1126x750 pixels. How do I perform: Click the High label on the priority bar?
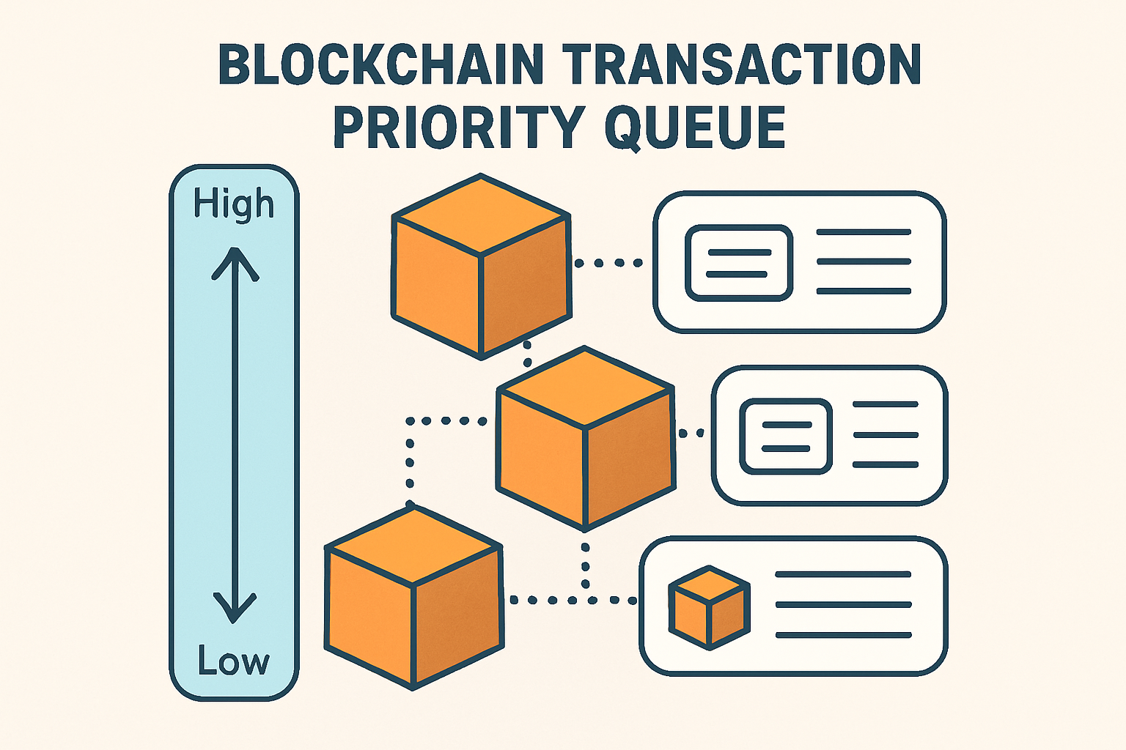click(234, 204)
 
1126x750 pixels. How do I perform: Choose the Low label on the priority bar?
click(234, 661)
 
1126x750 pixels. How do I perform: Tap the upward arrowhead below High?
click(235, 264)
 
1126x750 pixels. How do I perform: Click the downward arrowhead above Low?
click(235, 607)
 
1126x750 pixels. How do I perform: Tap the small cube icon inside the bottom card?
click(710, 607)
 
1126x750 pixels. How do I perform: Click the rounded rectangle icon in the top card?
click(739, 263)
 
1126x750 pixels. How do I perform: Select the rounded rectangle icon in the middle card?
click(786, 437)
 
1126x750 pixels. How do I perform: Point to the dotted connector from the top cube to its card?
click(608, 263)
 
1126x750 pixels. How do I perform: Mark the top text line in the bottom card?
click(843, 575)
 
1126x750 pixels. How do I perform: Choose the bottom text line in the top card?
click(864, 292)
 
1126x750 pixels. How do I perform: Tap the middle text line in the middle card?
click(886, 435)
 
